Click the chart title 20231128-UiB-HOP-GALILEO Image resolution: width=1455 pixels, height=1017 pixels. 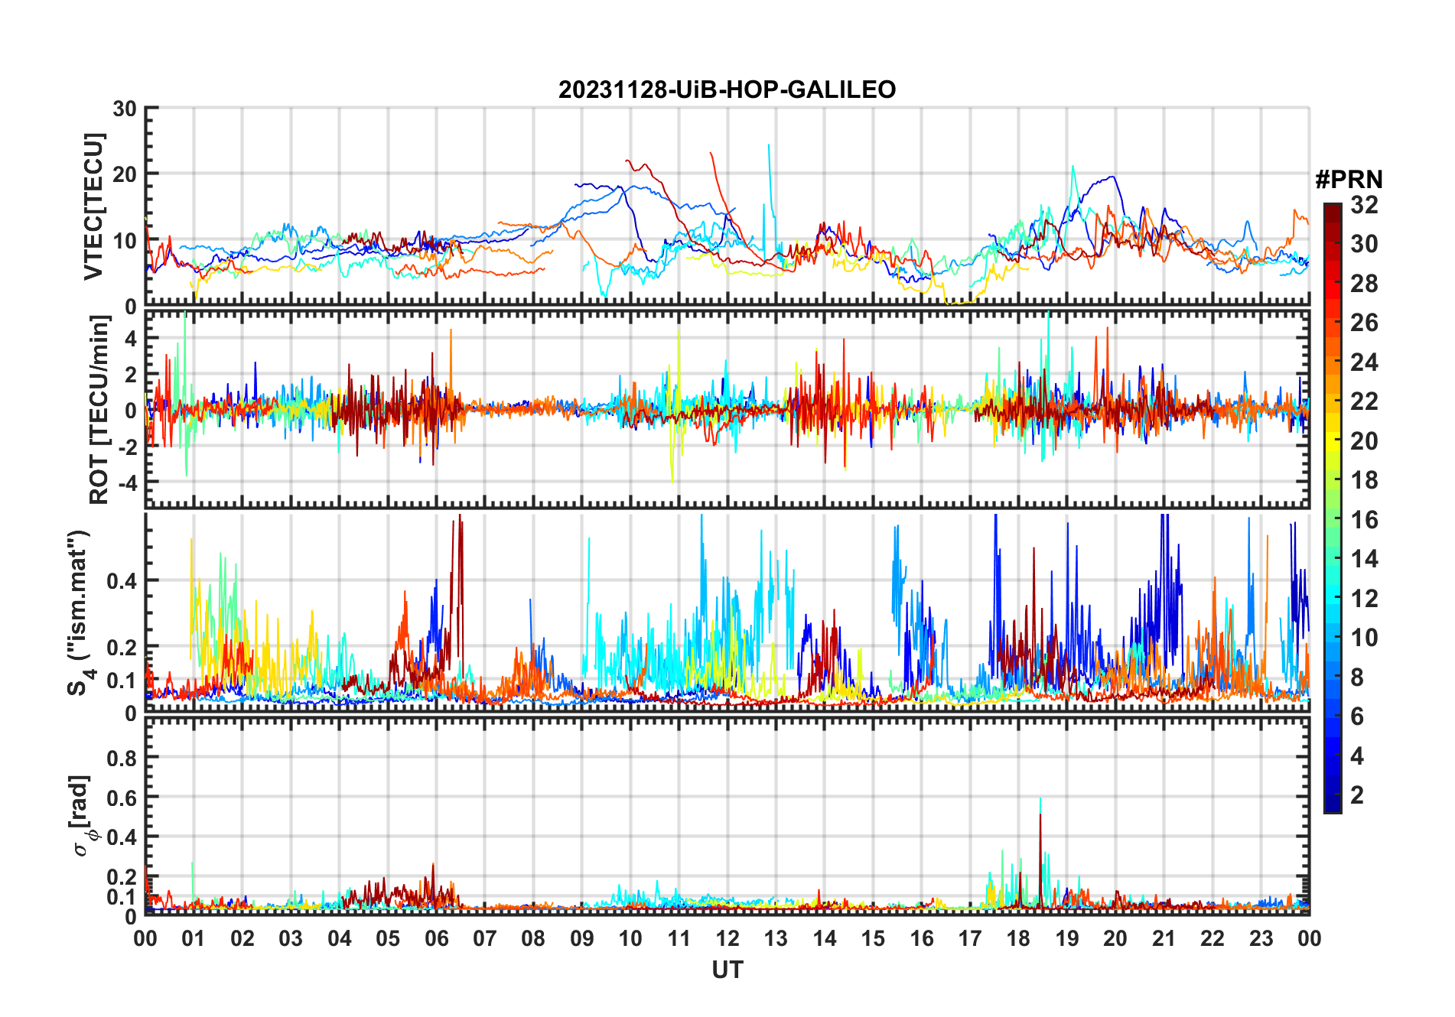pyautogui.click(x=727, y=90)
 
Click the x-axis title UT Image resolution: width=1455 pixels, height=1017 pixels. pyautogui.click(x=727, y=970)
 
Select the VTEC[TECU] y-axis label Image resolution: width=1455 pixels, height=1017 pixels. pyautogui.click(x=93, y=206)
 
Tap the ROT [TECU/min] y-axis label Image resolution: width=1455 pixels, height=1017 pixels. pyautogui.click(x=99, y=410)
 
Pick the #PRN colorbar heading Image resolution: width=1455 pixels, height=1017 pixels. pyautogui.click(x=1349, y=180)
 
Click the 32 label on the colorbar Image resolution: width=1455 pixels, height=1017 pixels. pyautogui.click(x=1364, y=205)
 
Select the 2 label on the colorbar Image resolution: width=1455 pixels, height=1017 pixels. pyautogui.click(x=1357, y=795)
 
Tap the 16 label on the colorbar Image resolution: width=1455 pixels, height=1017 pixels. pyautogui.click(x=1364, y=520)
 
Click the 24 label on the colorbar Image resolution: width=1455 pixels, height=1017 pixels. pyautogui.click(x=1364, y=362)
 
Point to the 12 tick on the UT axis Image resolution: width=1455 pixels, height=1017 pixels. pyautogui.click(x=727, y=938)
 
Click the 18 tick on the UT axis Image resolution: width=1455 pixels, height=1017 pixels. pyautogui.click(x=1018, y=938)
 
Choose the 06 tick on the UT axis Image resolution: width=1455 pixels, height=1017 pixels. pyautogui.click(x=436, y=938)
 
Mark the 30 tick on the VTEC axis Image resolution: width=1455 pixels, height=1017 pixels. pyautogui.click(x=125, y=109)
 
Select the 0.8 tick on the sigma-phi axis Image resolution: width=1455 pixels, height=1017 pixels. pyautogui.click(x=122, y=758)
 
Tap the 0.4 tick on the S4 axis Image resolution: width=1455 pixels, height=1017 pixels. pyautogui.click(x=122, y=581)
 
